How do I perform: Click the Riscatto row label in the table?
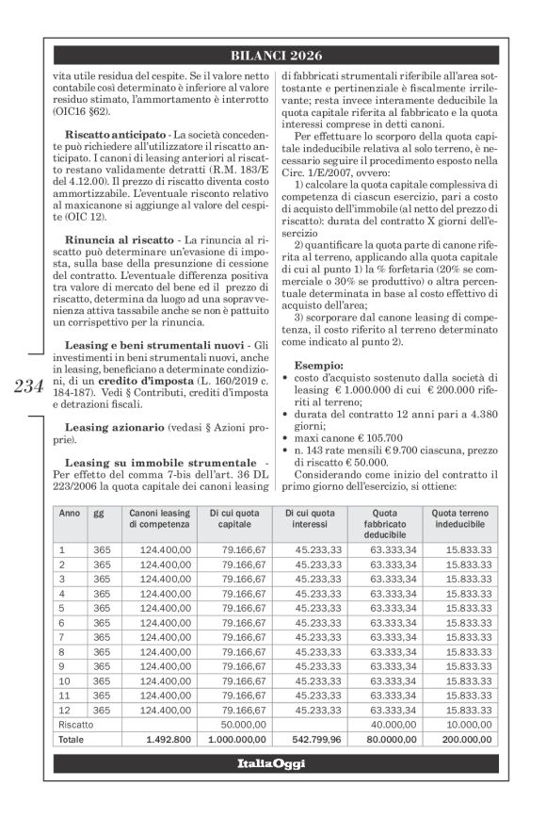coord(76,726)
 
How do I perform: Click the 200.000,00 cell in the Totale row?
coord(473,742)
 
